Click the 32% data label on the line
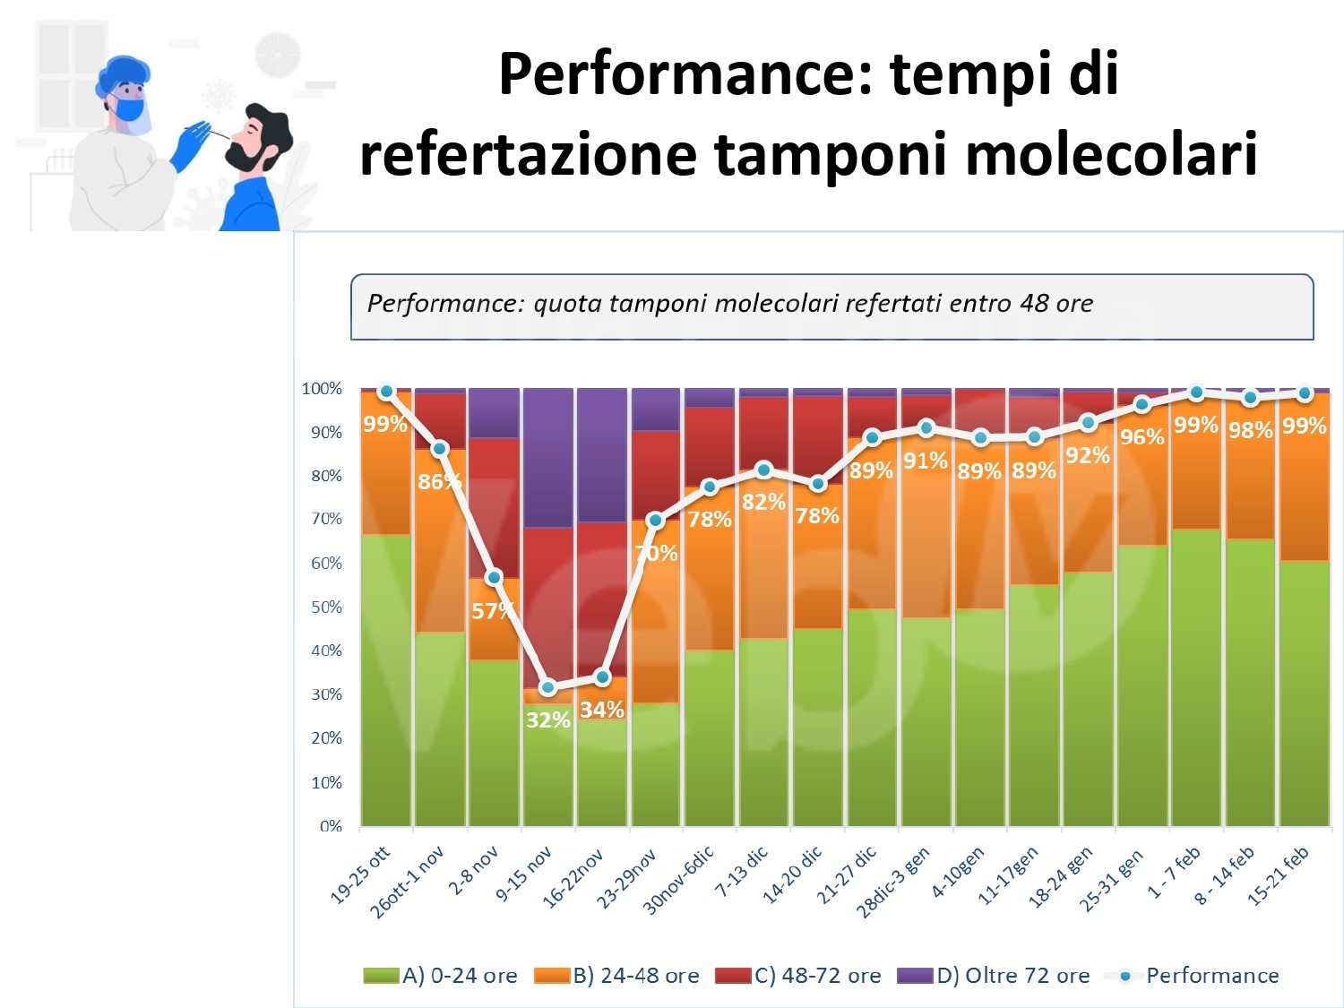[547, 719]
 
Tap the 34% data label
[601, 710]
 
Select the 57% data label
[492, 611]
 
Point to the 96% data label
[1142, 437]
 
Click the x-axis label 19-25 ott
[361, 874]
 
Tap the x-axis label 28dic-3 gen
[894, 882]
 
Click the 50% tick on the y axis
[326, 607]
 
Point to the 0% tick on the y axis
[331, 826]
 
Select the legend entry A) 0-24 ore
[440, 976]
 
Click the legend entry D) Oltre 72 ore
[994, 976]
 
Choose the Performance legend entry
[1192, 976]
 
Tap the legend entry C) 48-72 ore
[797, 976]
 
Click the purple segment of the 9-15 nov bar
[547, 457]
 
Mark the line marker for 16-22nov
[602, 677]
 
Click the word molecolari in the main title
[1111, 154]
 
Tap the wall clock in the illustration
[278, 55]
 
